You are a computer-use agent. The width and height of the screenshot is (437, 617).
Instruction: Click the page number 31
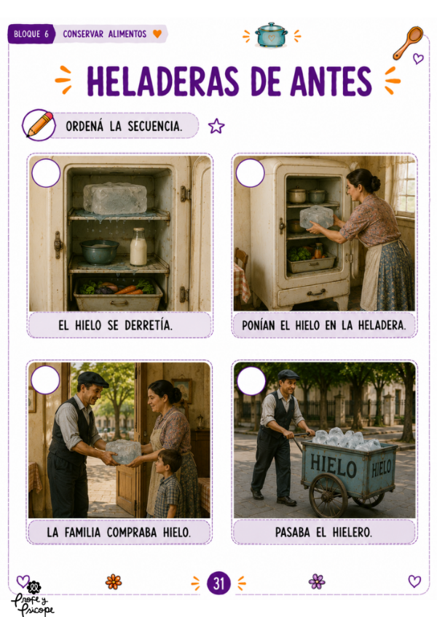(219, 583)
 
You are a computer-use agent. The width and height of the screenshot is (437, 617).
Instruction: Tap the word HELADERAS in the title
(163, 81)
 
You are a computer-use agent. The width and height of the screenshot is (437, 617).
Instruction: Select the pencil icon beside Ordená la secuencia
(39, 124)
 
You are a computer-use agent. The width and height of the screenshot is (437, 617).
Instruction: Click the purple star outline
(216, 126)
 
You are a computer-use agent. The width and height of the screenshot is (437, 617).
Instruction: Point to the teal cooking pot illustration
(271, 35)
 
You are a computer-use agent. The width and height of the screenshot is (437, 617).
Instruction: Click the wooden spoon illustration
(409, 42)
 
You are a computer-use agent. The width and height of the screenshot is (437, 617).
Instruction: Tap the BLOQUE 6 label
(31, 34)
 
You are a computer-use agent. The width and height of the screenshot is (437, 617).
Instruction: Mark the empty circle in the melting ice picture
(46, 173)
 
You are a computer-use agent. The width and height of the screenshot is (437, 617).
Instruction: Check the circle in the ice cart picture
(251, 381)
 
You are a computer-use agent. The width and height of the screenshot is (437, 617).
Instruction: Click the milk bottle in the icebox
(138, 247)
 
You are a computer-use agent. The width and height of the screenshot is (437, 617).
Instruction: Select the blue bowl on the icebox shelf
(99, 252)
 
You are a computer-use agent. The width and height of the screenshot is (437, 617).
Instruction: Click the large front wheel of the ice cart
(328, 495)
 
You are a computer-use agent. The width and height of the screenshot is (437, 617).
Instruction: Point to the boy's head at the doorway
(170, 461)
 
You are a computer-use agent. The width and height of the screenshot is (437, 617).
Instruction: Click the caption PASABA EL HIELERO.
(323, 532)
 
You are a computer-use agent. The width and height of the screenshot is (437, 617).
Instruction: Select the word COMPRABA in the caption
(132, 533)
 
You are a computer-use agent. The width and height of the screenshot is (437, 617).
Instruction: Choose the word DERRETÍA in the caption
(149, 325)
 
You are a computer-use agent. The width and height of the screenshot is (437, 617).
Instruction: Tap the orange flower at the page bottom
(114, 581)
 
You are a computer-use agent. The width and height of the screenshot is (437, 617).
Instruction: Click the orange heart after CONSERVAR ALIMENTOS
(157, 34)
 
